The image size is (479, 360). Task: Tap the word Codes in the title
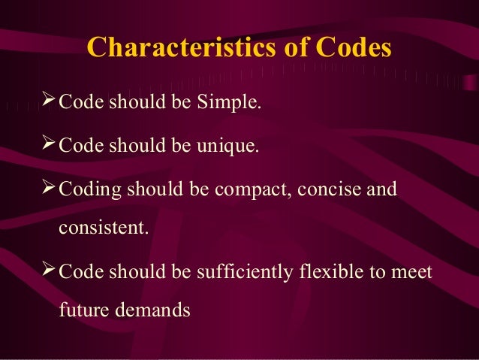pyautogui.click(x=353, y=47)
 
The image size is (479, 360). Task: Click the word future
pyautogui.click(x=82, y=309)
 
